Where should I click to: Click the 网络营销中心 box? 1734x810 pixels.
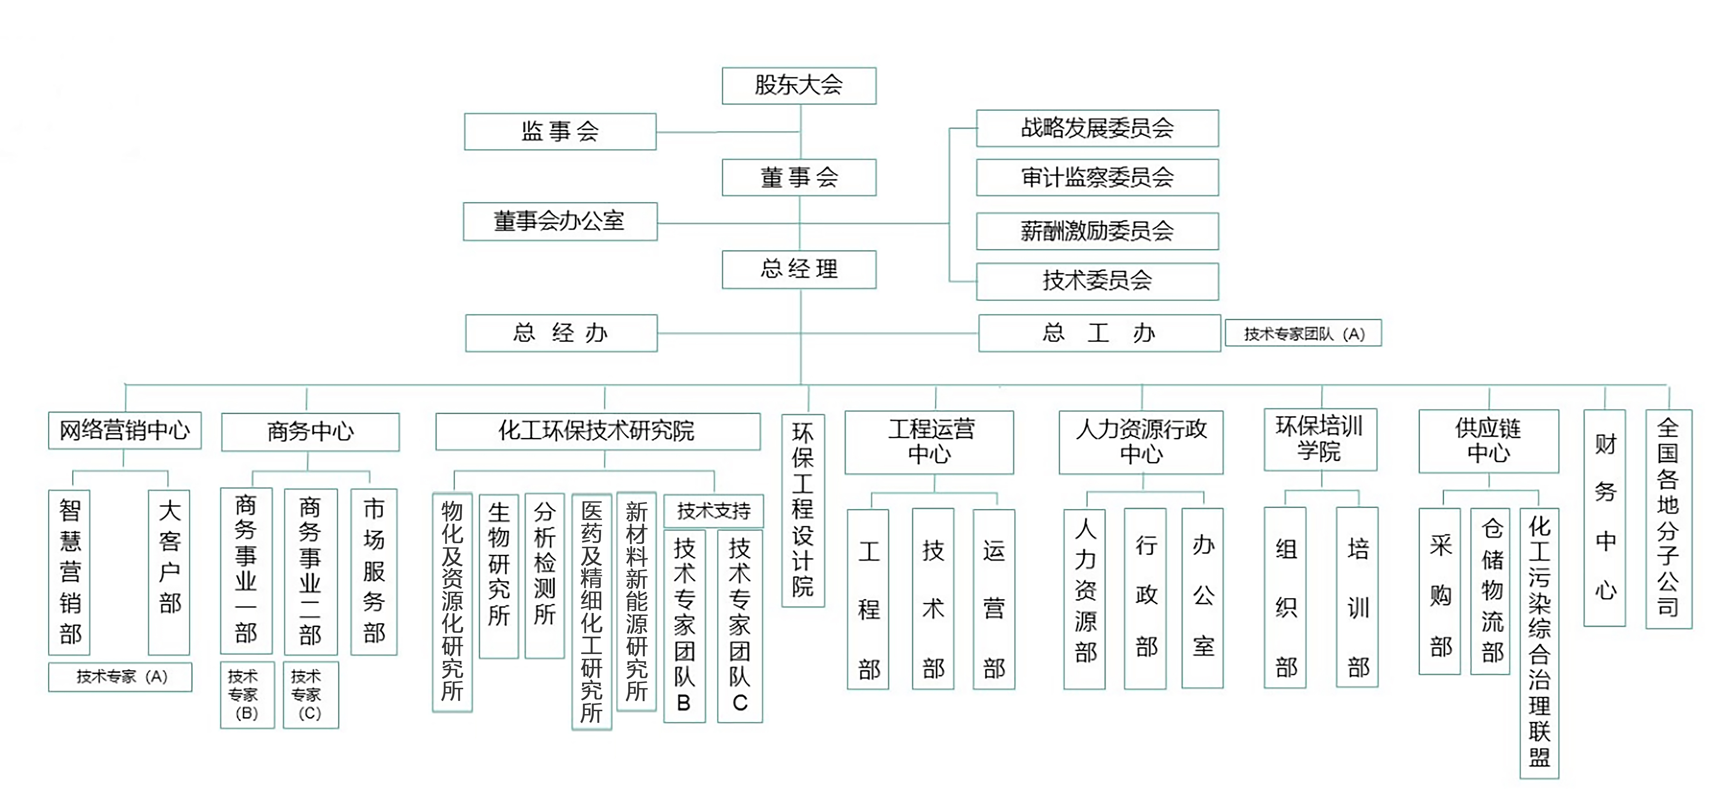(124, 430)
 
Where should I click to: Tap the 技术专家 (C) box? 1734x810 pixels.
(310, 694)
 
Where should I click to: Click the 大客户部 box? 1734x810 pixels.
(169, 572)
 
